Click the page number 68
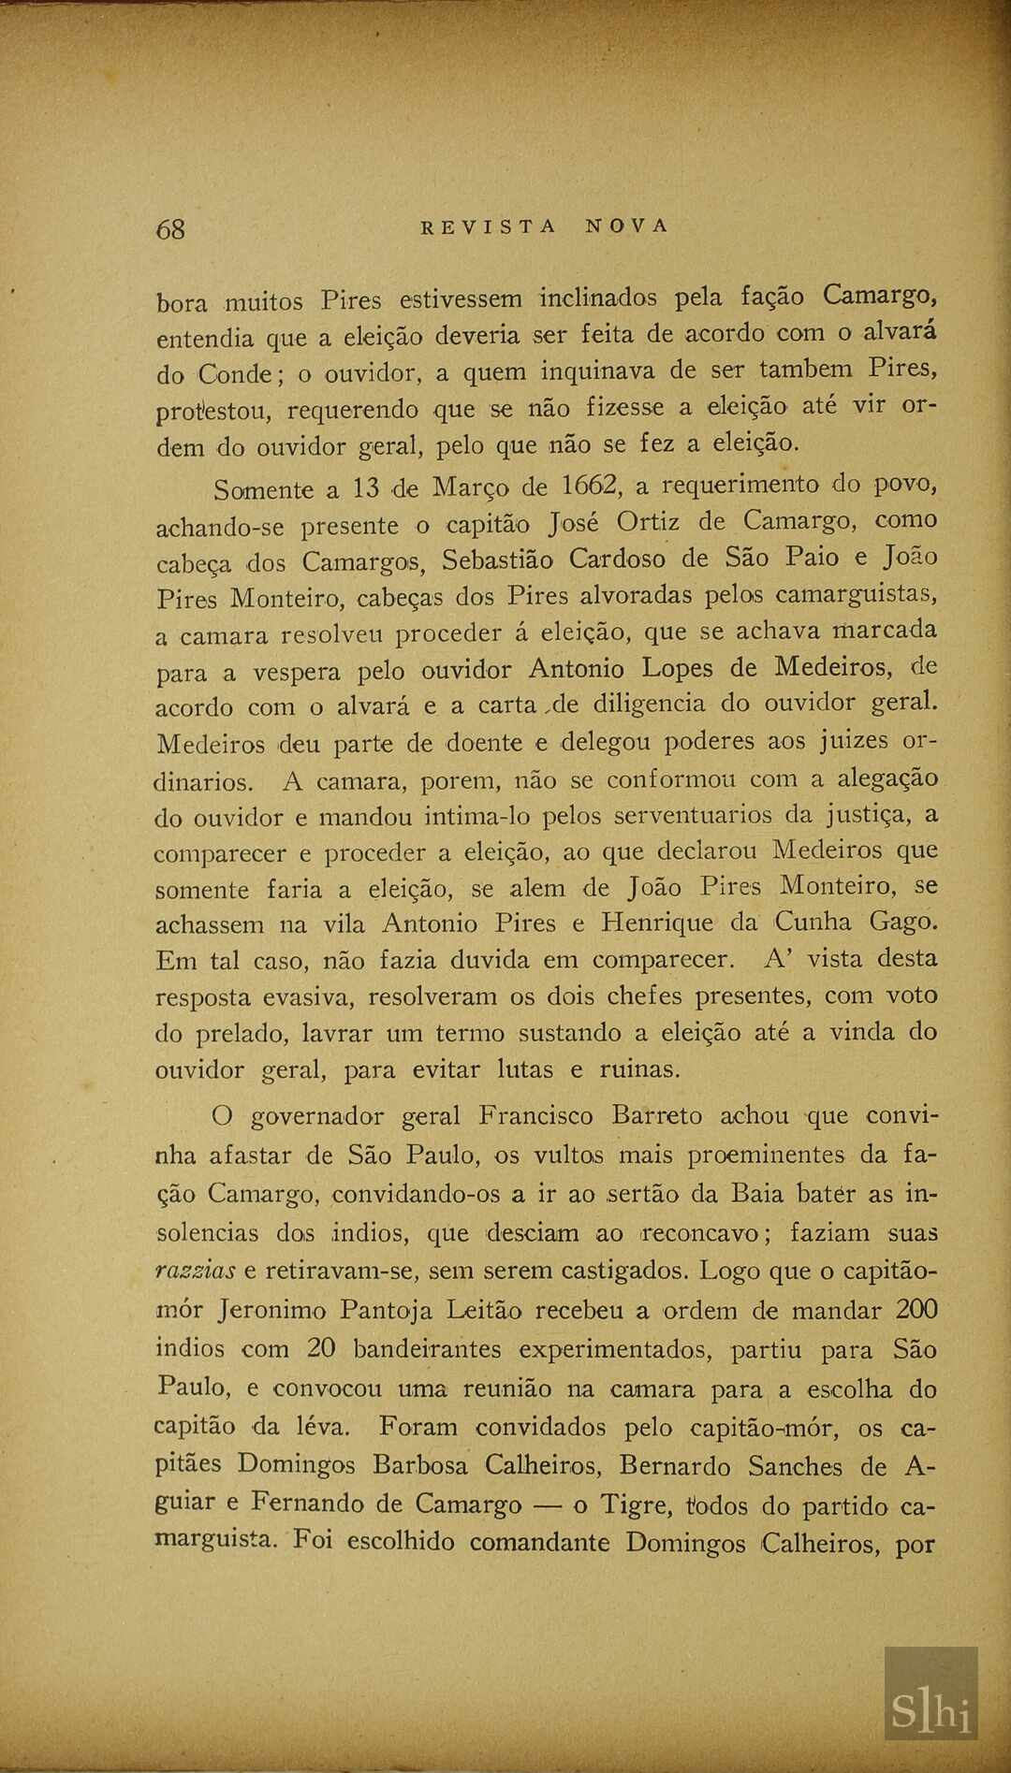[x=171, y=229]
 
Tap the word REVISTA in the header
[x=489, y=226]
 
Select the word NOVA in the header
[x=627, y=226]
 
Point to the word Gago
[x=902, y=923]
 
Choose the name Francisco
[x=535, y=1116]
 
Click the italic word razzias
[x=196, y=1271]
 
